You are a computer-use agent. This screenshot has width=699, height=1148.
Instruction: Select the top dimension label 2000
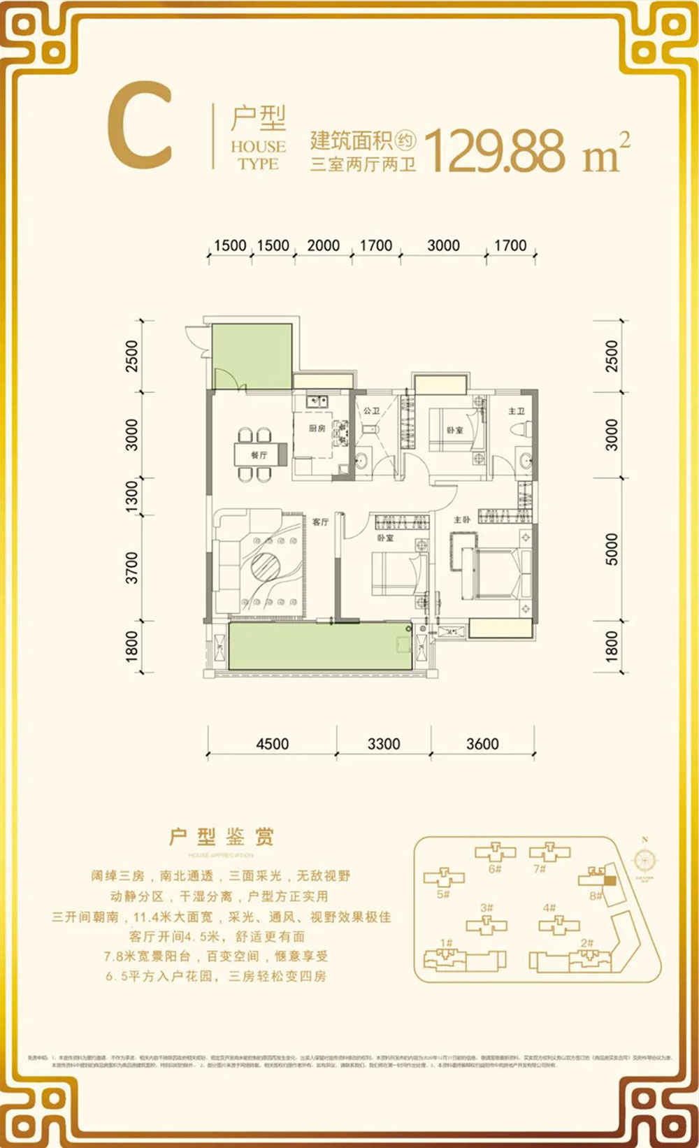323,245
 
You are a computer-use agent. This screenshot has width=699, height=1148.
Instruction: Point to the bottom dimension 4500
272,744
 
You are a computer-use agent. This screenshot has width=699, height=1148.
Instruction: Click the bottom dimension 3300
384,744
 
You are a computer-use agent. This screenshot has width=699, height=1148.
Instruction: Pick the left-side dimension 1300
131,496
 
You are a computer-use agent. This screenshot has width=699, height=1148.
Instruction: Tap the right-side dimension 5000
612,549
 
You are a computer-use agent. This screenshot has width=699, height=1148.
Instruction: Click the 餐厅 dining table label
259,455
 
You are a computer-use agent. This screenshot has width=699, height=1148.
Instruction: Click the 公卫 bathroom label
370,410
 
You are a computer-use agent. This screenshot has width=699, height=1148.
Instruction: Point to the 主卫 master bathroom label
516,411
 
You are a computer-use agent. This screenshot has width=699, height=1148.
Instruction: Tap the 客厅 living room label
320,522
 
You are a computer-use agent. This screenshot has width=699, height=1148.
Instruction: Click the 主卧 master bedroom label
461,520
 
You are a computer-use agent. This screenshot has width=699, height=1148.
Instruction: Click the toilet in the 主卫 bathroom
518,427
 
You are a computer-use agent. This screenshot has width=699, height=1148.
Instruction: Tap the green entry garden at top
252,357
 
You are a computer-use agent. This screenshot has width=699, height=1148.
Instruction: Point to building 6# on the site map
495,854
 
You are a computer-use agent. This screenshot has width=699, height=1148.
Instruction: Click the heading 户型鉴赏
222,837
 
